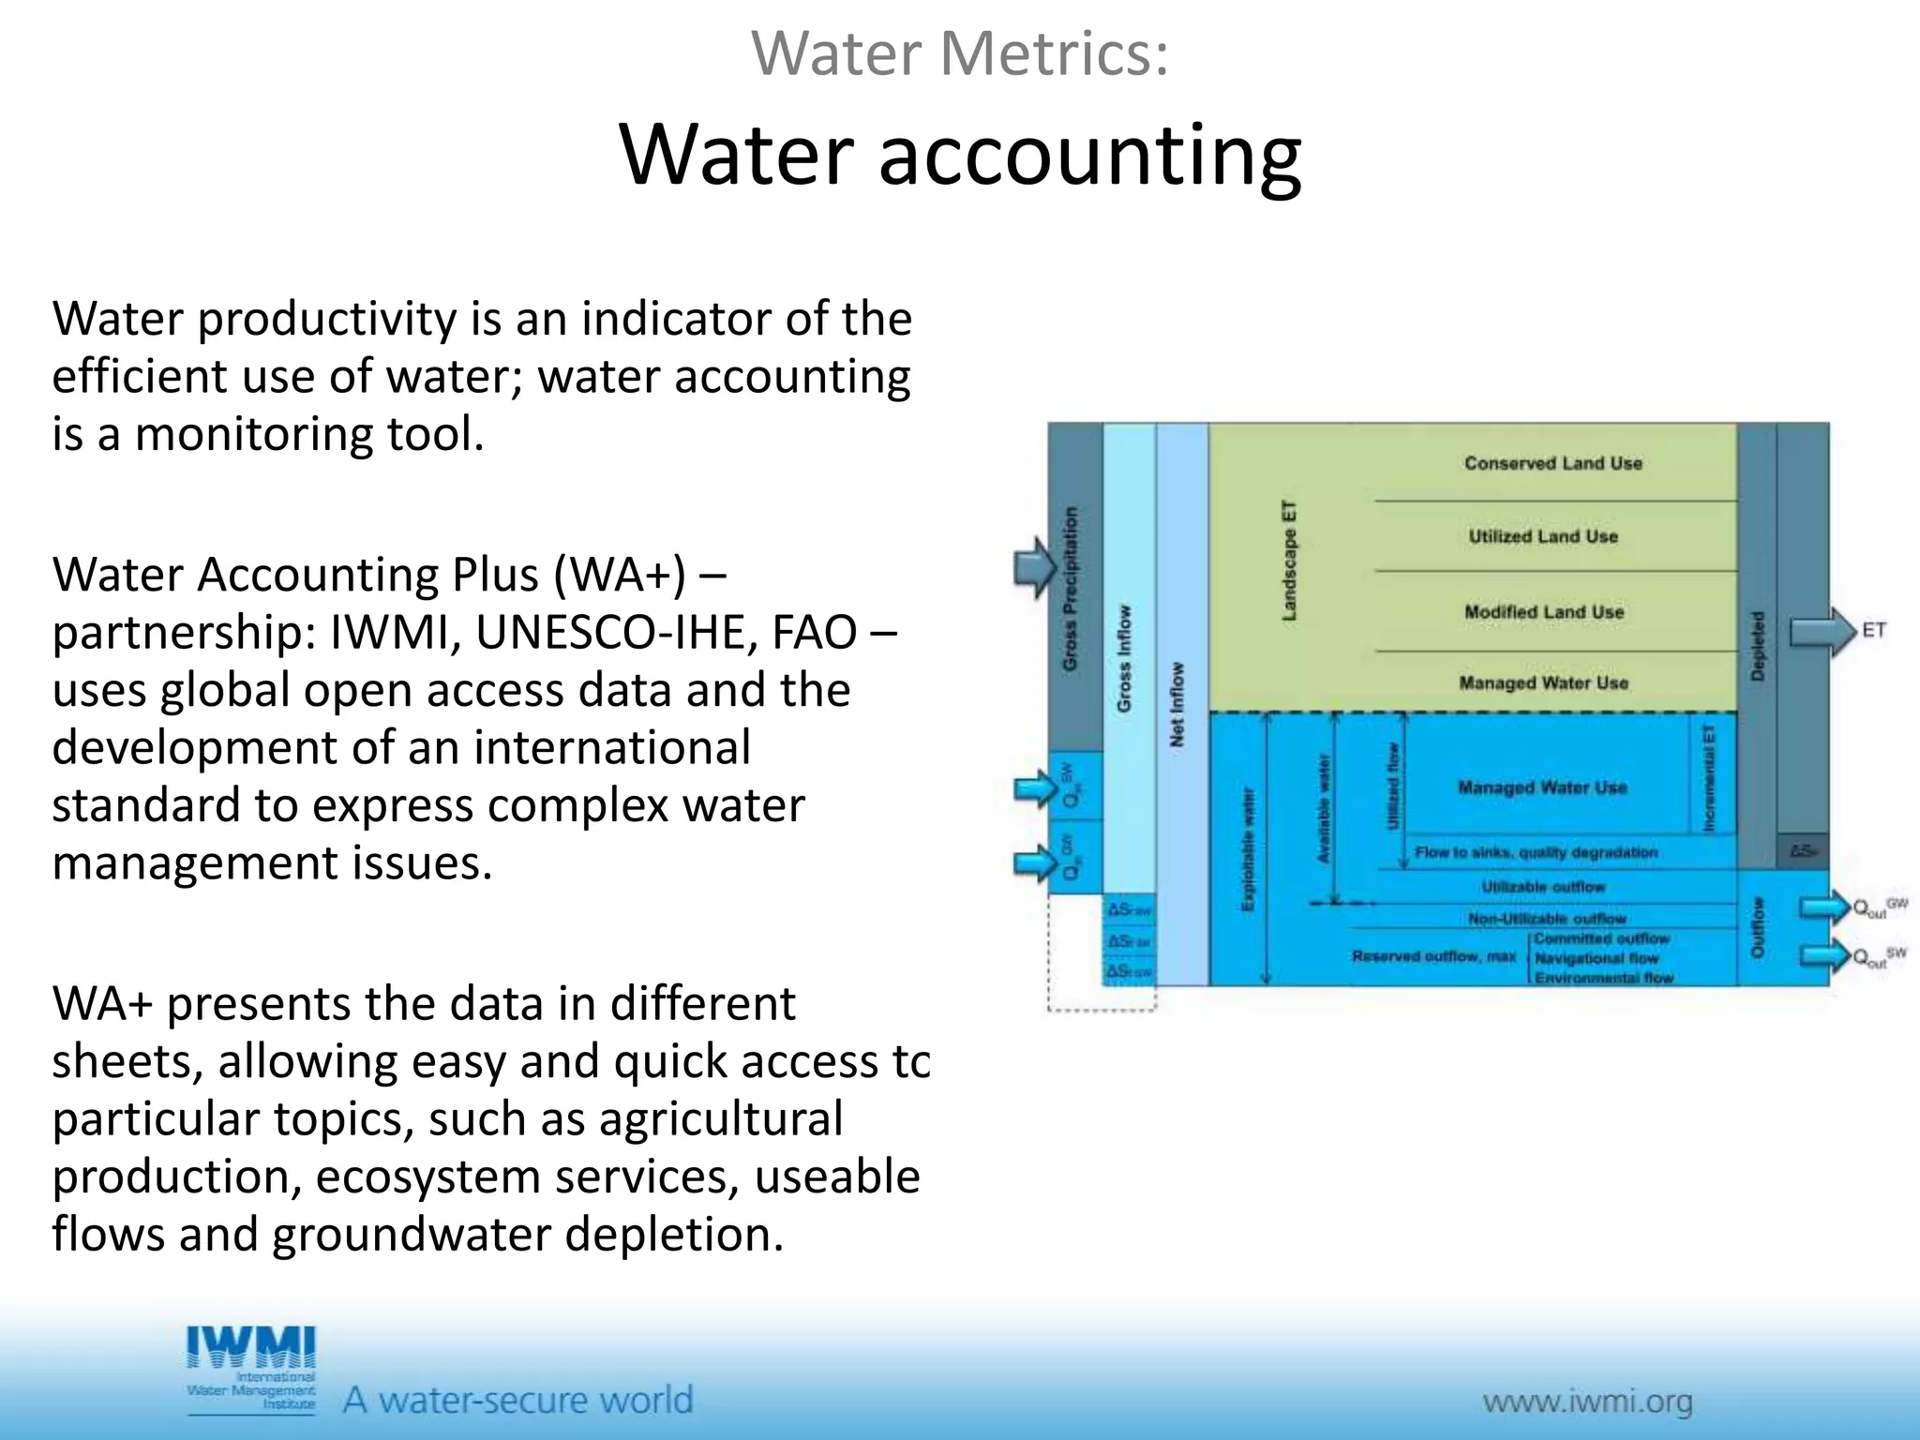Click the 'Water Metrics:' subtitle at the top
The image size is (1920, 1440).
click(x=960, y=53)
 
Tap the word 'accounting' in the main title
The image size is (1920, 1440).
click(x=1089, y=155)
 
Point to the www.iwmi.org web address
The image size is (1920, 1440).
click(x=1587, y=1402)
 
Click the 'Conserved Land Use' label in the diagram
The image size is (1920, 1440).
click(x=1552, y=463)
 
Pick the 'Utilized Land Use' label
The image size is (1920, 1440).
click(x=1543, y=536)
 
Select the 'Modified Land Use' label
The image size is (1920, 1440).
click(x=1543, y=612)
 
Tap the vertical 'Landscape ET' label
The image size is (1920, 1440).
click(x=1289, y=561)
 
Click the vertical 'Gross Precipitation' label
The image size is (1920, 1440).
click(x=1071, y=589)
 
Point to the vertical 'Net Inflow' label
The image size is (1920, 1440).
click(x=1177, y=704)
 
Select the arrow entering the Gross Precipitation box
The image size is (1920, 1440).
click(x=1035, y=568)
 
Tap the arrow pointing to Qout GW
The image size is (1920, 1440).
click(x=1823, y=907)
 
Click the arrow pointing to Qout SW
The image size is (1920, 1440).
click(x=1823, y=956)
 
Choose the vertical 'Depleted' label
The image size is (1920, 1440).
click(x=1758, y=646)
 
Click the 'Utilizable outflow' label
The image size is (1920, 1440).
click(x=1543, y=887)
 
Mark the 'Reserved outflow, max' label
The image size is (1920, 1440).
click(x=1433, y=956)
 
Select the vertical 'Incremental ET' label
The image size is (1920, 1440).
click(x=1708, y=777)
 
